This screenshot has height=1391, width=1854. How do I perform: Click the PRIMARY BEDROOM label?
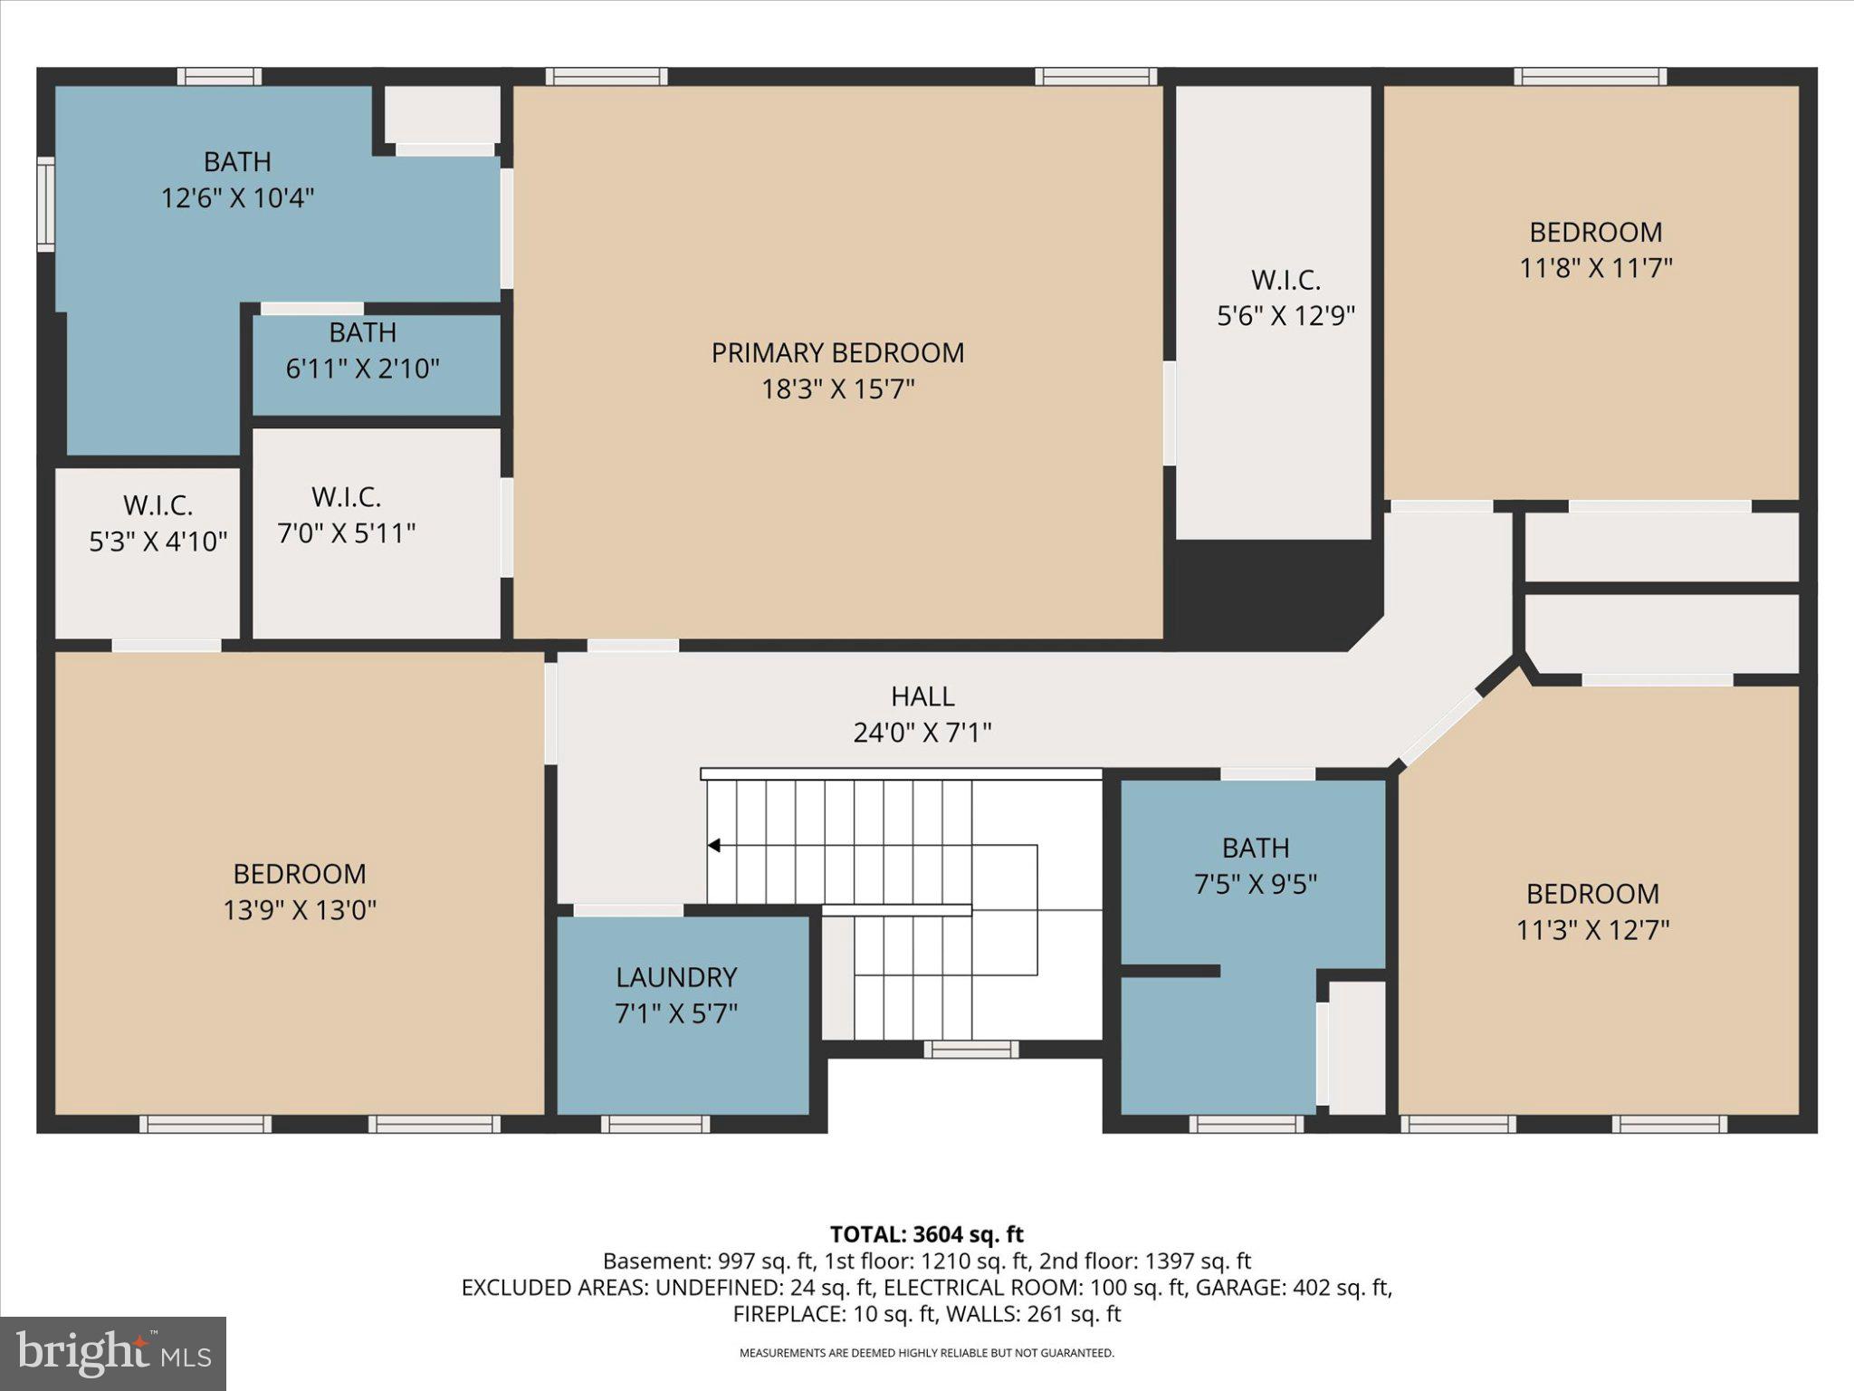[837, 352]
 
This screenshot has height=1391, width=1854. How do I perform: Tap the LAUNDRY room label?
[676, 977]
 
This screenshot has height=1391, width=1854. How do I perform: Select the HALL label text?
[922, 696]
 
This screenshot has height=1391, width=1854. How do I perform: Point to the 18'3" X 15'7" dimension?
[837, 389]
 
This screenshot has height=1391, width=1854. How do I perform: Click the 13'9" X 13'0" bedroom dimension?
[300, 910]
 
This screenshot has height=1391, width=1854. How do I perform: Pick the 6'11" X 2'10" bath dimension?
[362, 369]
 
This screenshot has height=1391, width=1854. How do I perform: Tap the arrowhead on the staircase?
[713, 846]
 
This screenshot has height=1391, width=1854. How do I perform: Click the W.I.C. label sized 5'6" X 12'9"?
[1285, 280]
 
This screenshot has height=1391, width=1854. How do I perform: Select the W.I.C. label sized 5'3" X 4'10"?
[158, 504]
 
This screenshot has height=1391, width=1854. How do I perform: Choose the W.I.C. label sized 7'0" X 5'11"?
[346, 496]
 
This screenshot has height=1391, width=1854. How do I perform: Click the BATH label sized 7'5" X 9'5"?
[1255, 848]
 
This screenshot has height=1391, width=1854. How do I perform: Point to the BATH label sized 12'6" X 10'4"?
[237, 161]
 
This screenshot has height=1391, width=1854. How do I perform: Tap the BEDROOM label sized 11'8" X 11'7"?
[1595, 232]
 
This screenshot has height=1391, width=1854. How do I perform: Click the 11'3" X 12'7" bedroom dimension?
[1592, 930]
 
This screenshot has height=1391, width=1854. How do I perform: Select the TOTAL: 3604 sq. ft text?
[926, 1234]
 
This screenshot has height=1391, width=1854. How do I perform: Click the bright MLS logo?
[113, 1353]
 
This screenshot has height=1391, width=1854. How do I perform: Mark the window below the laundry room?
[655, 1124]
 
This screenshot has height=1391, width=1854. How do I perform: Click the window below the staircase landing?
[970, 1050]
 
